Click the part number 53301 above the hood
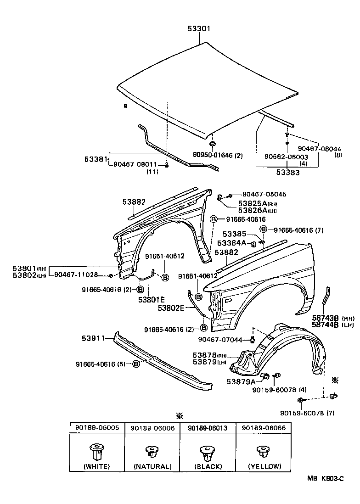click(199, 28)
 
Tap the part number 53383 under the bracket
click(287, 173)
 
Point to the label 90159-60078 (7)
click(310, 413)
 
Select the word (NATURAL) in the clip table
click(152, 466)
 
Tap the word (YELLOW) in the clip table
click(264, 466)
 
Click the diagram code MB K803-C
click(326, 479)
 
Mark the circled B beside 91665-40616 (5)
click(136, 364)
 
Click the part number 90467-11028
click(76, 274)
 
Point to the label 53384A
click(232, 242)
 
